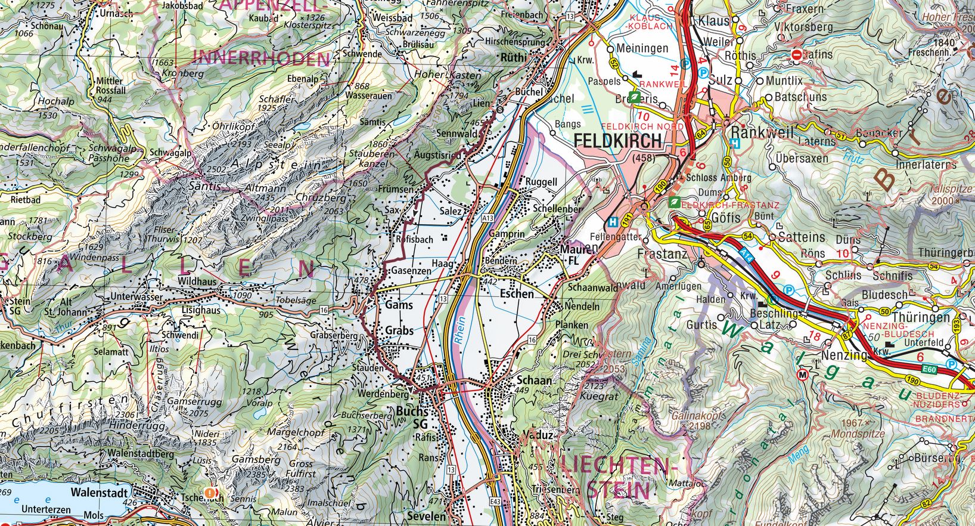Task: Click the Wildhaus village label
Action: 195,281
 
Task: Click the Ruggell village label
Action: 541,182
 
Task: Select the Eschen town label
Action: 517,294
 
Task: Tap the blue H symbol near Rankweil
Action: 735,143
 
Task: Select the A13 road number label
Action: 488,219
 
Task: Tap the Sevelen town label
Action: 427,516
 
